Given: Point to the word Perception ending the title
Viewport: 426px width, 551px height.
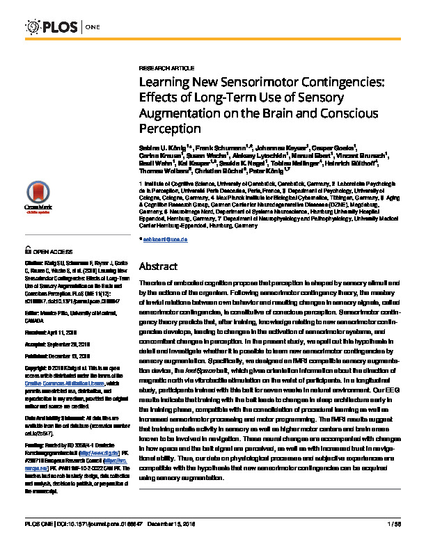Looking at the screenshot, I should pyautogui.click(x=171, y=129).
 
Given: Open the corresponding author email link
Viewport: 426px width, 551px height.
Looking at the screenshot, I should pyautogui.click(x=167, y=239).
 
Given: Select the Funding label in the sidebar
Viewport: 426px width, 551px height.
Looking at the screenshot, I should pyautogui.click(x=34, y=424).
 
